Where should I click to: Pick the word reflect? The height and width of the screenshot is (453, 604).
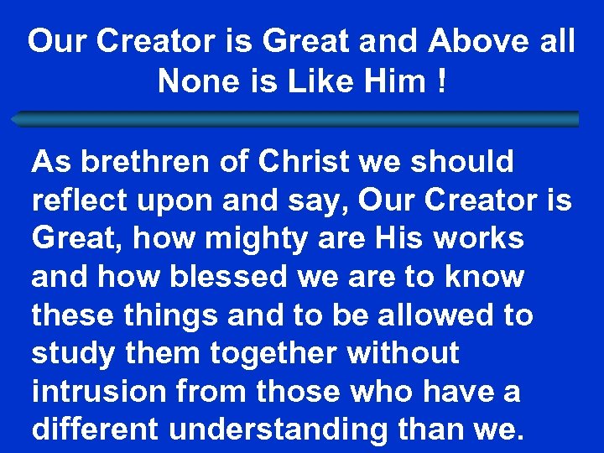pos(77,200)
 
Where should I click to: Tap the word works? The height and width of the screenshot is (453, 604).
pos(482,238)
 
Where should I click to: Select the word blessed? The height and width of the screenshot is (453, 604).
pos(226,276)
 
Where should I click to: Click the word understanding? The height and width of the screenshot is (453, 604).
pos(279,430)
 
